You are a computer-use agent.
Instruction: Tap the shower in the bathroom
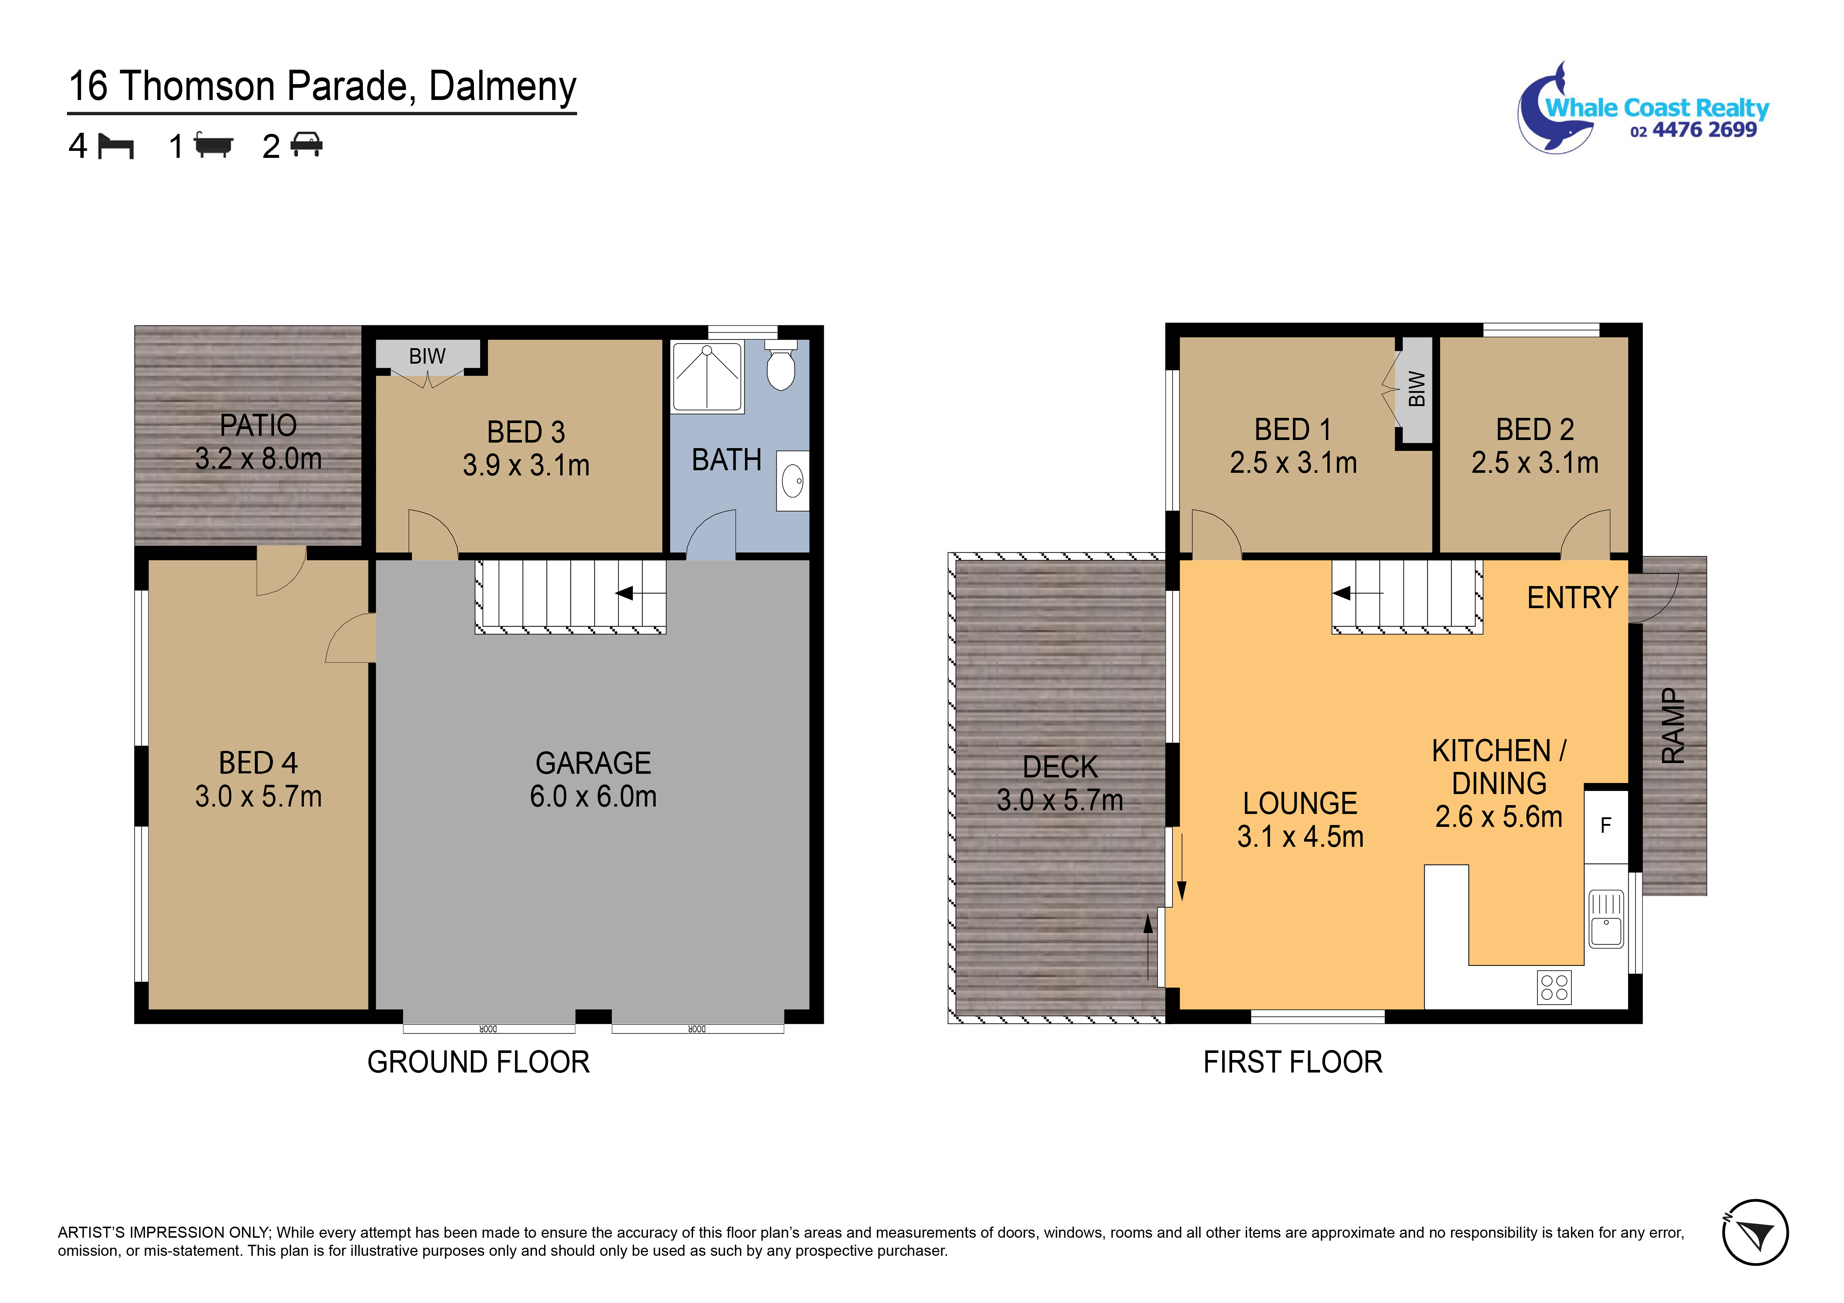(x=707, y=377)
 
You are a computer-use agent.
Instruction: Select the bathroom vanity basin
(x=793, y=481)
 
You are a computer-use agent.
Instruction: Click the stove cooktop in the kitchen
(x=1554, y=987)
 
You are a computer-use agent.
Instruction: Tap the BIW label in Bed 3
(x=427, y=356)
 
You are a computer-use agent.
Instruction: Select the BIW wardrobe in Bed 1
(x=1417, y=389)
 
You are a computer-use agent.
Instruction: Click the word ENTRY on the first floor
(x=1572, y=598)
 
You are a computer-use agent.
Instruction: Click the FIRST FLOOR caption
(x=1292, y=1062)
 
